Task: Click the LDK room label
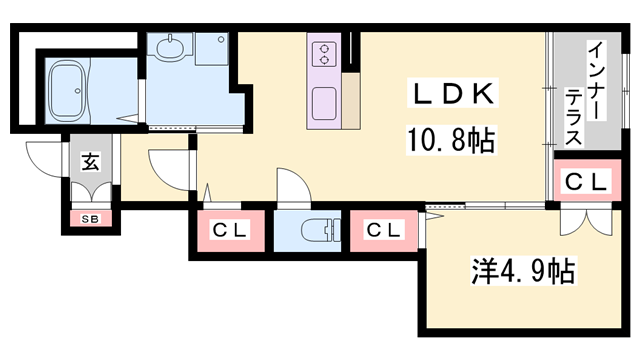coord(453,93)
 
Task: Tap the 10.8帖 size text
coord(451,140)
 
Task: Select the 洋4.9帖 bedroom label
coord(523,271)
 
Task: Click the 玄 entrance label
coord(90,162)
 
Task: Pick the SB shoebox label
coord(90,219)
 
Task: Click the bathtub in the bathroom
coord(68,91)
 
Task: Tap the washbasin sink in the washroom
coord(169,46)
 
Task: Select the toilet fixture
coord(320,231)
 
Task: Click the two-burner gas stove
coord(324,55)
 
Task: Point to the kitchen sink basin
coord(324,104)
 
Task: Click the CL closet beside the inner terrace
coord(587,181)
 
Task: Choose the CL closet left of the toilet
coord(231,231)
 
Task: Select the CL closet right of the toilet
coord(384,231)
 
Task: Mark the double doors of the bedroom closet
coord(586,222)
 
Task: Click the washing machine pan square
coord(211,49)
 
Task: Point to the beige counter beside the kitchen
coord(351,101)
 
